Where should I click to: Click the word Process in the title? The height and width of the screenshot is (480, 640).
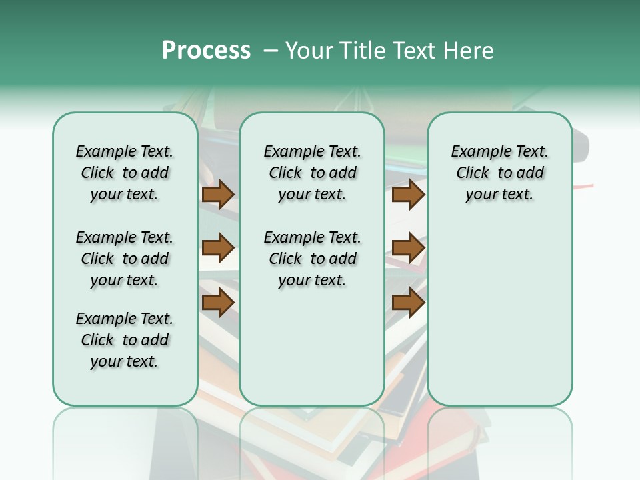(x=206, y=51)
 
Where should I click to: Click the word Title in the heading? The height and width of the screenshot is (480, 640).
(x=363, y=51)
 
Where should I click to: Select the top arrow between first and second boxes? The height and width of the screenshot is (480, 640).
(x=218, y=195)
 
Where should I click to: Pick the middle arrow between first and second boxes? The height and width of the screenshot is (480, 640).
(x=218, y=248)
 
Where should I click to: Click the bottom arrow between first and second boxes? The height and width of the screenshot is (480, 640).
(x=218, y=302)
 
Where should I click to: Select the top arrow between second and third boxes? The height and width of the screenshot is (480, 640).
(x=408, y=195)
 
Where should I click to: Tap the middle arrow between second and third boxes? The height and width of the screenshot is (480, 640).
(x=408, y=248)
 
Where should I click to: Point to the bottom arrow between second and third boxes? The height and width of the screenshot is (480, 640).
(x=408, y=302)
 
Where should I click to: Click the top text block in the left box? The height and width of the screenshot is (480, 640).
(x=125, y=173)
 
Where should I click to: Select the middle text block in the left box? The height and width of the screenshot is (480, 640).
(x=125, y=259)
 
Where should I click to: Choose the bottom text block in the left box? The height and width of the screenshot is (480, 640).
(x=125, y=340)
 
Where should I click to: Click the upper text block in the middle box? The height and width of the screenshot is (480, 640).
(x=312, y=173)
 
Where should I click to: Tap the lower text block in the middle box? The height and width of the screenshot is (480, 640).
(x=312, y=259)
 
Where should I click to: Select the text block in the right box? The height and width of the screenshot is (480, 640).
(x=499, y=173)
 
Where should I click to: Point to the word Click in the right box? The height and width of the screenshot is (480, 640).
(x=473, y=173)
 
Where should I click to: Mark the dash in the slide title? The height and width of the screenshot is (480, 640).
(x=271, y=51)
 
